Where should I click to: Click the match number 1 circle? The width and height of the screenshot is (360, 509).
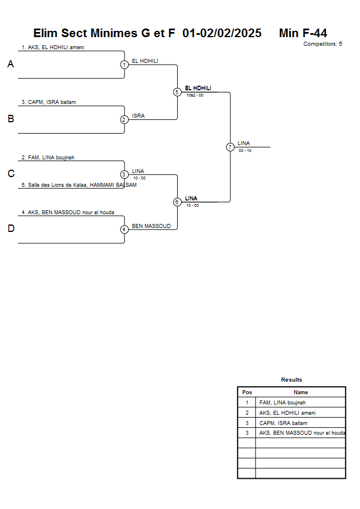124,65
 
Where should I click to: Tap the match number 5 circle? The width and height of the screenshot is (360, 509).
177,92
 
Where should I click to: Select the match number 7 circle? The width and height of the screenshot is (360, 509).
230,147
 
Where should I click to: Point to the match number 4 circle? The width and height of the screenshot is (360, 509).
124,229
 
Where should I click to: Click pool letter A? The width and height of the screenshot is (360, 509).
10,65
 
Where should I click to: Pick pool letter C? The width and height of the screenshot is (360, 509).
10,174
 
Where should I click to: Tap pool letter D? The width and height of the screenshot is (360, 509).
10,229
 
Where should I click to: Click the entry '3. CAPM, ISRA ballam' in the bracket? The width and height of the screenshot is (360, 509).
49,102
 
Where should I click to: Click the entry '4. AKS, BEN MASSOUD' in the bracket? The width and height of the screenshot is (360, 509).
67,212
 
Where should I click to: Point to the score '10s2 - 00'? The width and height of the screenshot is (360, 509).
195,95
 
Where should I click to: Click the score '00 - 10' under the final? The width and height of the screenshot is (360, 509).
245,150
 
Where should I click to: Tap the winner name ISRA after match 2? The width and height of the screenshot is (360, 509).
138,115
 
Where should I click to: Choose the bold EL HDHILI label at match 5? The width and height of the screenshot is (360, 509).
198,88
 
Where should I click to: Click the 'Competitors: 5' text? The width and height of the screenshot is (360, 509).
322,44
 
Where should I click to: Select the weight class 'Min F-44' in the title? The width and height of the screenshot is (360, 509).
303,33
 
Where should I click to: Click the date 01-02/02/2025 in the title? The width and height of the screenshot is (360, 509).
222,33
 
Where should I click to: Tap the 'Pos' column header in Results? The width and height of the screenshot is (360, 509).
247,392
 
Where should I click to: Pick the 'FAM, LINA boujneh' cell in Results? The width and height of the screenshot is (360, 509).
282,403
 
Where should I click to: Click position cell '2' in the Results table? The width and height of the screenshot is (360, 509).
247,412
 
